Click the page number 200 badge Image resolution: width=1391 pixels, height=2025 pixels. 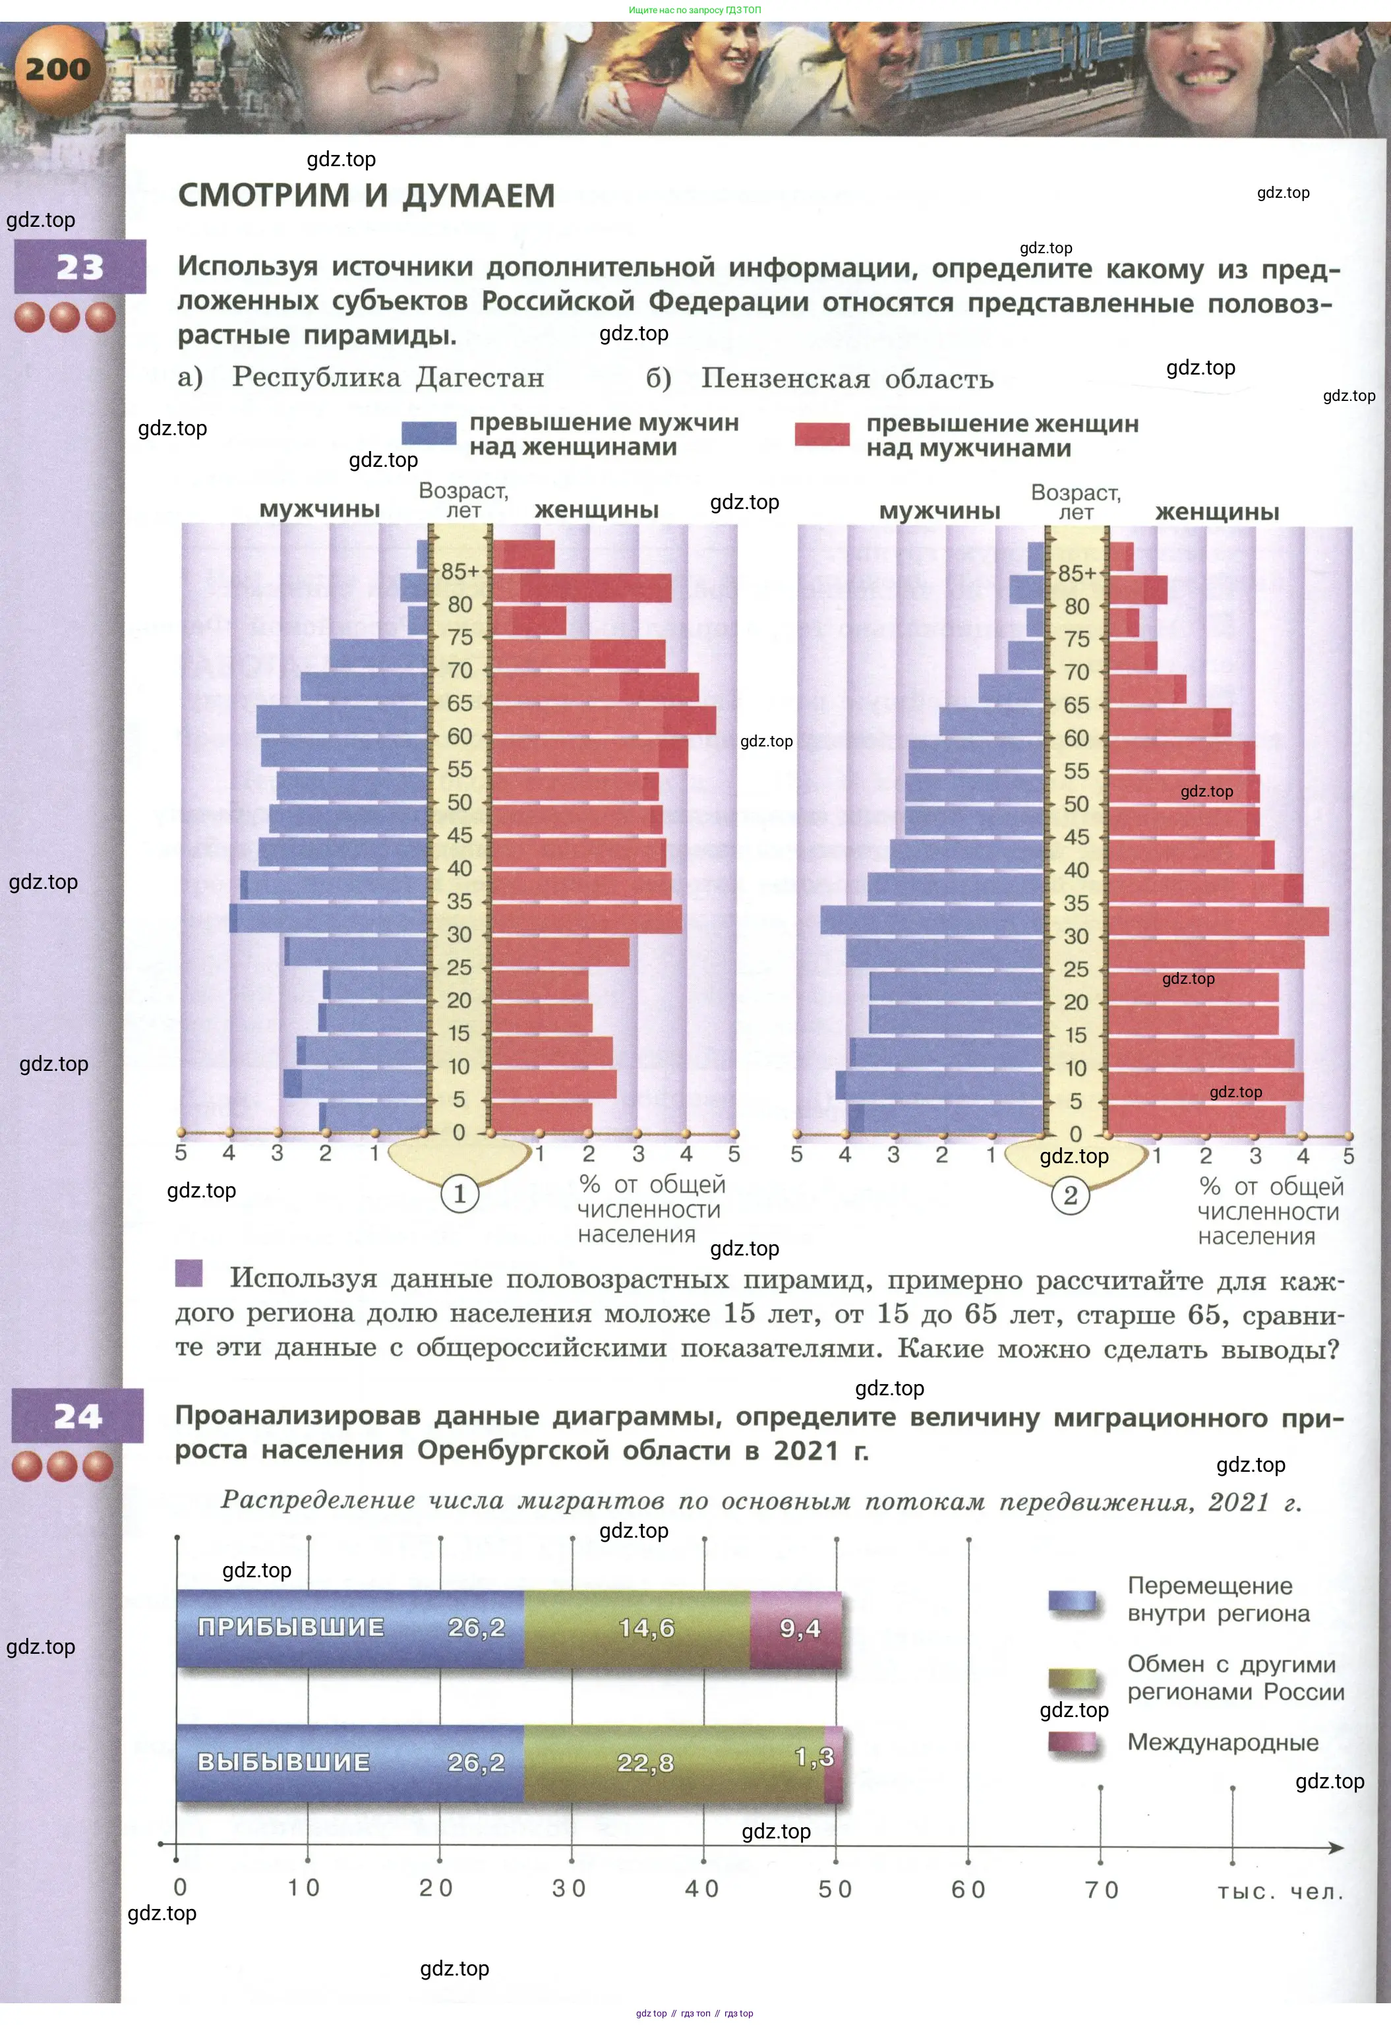click(x=57, y=70)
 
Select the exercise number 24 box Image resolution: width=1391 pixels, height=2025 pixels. click(x=78, y=1416)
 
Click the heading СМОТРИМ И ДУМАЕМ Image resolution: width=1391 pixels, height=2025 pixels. click(x=366, y=195)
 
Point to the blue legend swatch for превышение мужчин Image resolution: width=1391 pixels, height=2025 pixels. click(x=429, y=433)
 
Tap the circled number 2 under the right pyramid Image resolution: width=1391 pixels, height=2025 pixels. click(x=1070, y=1194)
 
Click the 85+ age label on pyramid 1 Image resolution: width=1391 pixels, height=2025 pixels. click(x=460, y=572)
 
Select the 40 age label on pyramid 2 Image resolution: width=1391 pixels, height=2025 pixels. click(x=1077, y=870)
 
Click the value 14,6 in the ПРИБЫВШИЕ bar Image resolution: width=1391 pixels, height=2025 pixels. click(x=646, y=1627)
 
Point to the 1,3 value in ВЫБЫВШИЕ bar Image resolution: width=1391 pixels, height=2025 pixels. click(x=815, y=1757)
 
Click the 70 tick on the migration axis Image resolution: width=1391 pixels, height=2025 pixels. click(x=1101, y=1889)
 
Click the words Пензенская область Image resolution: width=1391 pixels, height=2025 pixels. click(x=846, y=379)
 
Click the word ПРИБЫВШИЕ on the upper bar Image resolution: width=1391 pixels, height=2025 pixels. click(x=291, y=1627)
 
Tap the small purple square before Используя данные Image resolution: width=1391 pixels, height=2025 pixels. click(x=189, y=1273)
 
